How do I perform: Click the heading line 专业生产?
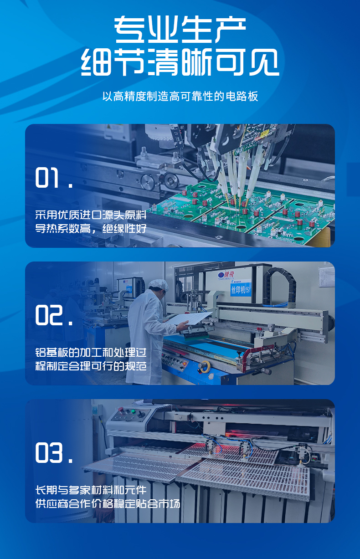pyautogui.click(x=180, y=31)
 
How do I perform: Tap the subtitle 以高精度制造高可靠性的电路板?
pyautogui.click(x=180, y=97)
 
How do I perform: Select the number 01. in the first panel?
pyautogui.click(x=54, y=179)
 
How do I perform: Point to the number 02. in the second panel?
pyautogui.click(x=54, y=315)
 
